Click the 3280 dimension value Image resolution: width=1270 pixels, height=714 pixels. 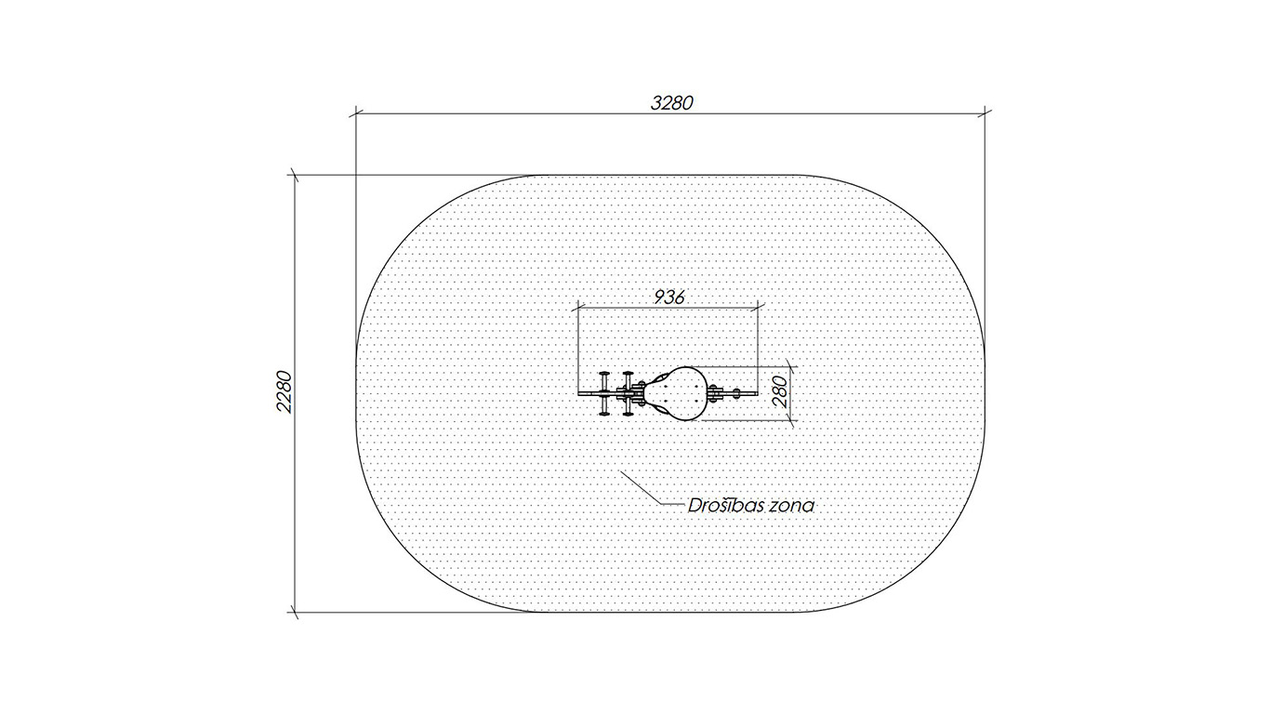[x=672, y=102]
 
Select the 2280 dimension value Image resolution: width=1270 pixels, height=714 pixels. [x=284, y=392]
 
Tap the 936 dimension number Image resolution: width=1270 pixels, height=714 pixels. [x=669, y=297]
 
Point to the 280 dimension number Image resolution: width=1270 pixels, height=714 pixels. [x=781, y=392]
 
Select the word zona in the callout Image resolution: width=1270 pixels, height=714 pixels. [x=791, y=506]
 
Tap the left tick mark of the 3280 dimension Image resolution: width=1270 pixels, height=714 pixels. [x=356, y=113]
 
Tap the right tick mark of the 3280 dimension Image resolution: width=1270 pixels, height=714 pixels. [x=985, y=113]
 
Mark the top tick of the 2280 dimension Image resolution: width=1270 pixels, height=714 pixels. [x=295, y=175]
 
